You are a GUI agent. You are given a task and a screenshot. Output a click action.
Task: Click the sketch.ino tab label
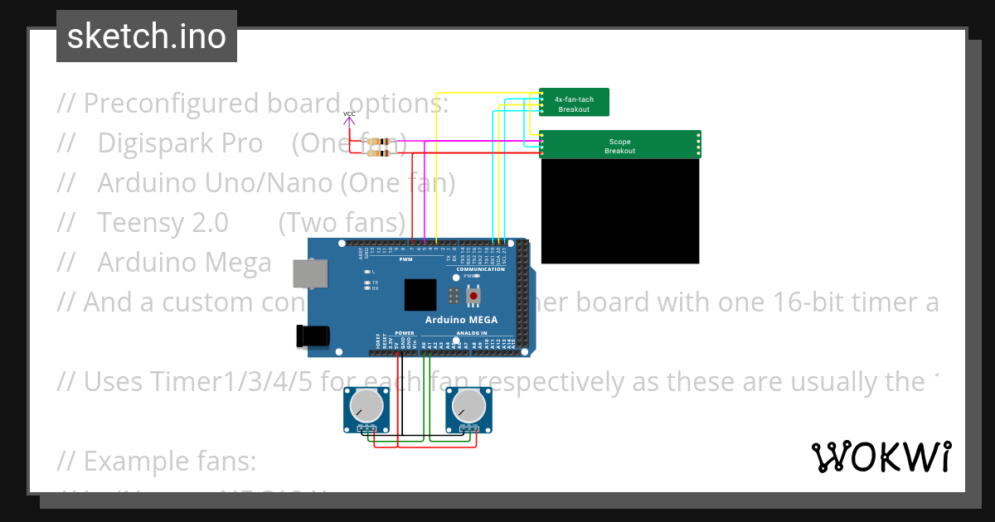[147, 36]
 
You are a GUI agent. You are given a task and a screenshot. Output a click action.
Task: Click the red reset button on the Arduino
[473, 295]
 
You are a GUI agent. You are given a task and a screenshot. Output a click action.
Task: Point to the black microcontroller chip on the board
[420, 295]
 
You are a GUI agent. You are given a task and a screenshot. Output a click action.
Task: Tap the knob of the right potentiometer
[468, 406]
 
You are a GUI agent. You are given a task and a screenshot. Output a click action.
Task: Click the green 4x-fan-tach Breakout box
[574, 103]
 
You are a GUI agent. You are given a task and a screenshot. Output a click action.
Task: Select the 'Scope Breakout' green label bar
[619, 145]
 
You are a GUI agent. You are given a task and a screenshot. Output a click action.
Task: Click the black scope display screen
[619, 211]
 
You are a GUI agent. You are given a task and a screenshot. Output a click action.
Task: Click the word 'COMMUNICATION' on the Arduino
[480, 269]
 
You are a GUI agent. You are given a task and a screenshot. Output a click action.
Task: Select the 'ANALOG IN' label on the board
[473, 333]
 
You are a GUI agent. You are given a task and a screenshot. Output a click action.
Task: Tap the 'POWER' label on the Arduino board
[405, 333]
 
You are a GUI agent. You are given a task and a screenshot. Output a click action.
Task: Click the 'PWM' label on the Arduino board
[405, 259]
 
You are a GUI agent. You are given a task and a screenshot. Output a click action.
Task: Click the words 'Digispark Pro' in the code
[180, 143]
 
